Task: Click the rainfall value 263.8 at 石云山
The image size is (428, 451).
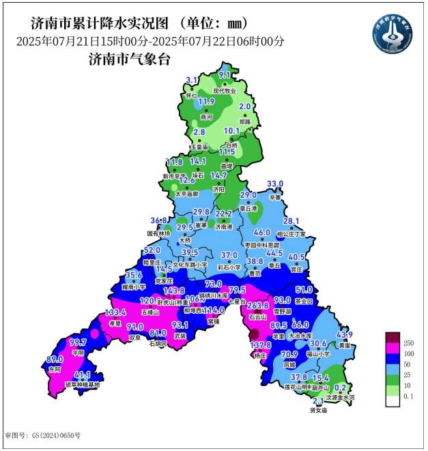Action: pos(257,306)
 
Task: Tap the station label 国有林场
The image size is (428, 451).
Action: pos(156,233)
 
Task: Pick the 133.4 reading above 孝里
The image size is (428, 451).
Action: pos(97,312)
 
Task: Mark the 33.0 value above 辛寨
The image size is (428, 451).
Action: pos(274,184)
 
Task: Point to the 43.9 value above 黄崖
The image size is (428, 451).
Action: pos(344,334)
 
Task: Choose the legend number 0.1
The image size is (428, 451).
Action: pos(409,396)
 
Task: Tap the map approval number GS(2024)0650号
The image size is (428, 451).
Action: pos(42,435)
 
